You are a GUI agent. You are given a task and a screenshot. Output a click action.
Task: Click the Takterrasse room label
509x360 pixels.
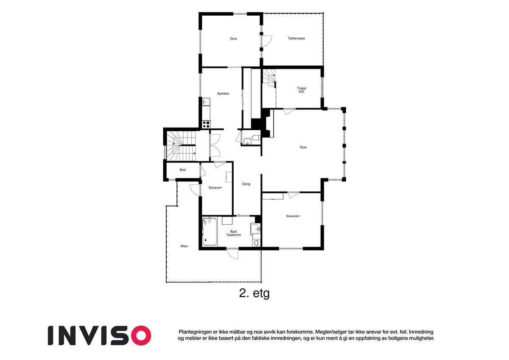point(296,38)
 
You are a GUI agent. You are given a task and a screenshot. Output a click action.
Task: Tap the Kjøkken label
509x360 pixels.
point(223,93)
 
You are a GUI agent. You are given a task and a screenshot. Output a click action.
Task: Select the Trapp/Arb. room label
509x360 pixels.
point(301,90)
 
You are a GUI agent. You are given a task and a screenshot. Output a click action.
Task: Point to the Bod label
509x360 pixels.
point(182,170)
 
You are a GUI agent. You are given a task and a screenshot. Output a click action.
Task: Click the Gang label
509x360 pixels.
point(246,184)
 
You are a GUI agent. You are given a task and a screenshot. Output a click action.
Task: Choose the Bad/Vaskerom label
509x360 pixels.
point(234,233)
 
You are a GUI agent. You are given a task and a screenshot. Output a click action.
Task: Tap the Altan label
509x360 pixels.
point(184,246)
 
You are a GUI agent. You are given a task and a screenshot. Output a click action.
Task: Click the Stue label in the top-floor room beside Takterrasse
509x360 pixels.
point(233,39)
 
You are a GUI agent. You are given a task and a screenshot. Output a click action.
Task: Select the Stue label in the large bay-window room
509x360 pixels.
point(303,147)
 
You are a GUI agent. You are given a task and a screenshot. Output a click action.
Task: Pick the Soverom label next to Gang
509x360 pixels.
point(215,187)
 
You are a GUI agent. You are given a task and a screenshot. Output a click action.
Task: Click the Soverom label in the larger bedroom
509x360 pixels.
point(293,216)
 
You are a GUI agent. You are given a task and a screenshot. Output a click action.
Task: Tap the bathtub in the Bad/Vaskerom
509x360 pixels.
point(210,232)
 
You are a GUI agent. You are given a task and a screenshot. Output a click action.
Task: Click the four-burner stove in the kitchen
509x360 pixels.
point(206,124)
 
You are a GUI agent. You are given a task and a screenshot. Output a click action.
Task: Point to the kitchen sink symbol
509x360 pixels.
point(206,101)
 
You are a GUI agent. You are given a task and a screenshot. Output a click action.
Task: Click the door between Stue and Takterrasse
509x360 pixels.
point(266,41)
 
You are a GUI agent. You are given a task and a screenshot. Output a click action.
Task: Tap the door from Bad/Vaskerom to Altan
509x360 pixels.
point(232,253)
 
